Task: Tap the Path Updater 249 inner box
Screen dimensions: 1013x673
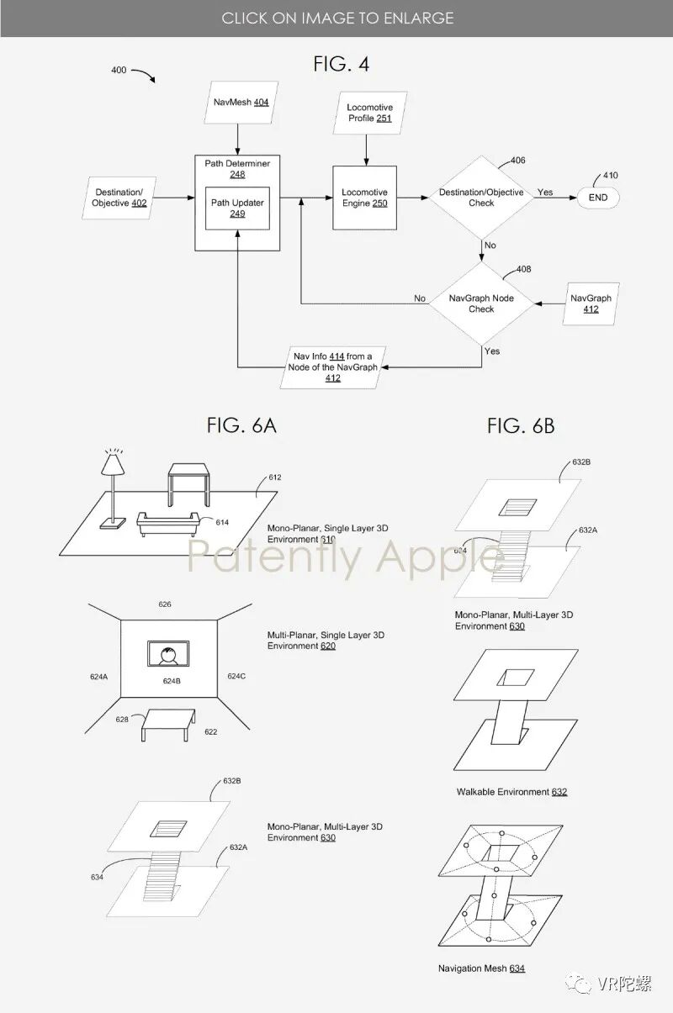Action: [x=237, y=208]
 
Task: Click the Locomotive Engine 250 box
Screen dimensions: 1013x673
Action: [x=364, y=198]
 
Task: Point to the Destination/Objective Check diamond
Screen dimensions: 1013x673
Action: [x=481, y=198]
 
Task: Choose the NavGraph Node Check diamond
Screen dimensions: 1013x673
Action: [x=481, y=303]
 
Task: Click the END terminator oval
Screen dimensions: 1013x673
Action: [x=598, y=198]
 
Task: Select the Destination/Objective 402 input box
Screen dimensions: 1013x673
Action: [x=121, y=198]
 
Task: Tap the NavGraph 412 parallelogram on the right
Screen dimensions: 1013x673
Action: [x=591, y=303]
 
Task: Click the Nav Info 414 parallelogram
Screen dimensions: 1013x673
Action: [x=332, y=367]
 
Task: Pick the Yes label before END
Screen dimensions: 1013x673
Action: [x=545, y=193]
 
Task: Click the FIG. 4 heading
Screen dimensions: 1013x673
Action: [x=342, y=64]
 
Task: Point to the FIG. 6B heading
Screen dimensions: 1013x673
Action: [x=521, y=425]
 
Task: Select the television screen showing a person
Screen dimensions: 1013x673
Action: [x=168, y=655]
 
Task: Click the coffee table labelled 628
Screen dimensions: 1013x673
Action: [x=169, y=722]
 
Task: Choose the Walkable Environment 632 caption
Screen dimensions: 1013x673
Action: [x=511, y=792]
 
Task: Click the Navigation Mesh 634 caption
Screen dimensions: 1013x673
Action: [x=481, y=968]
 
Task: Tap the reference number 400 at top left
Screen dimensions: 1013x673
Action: [x=119, y=71]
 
